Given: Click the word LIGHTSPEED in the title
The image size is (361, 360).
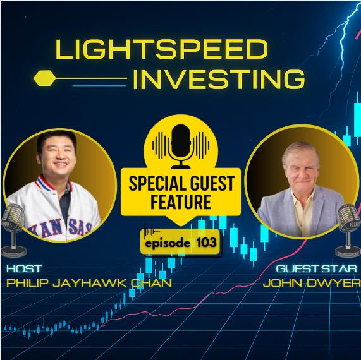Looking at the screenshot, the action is [x=162, y=49].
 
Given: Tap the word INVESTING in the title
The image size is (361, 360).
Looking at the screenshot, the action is [x=219, y=80].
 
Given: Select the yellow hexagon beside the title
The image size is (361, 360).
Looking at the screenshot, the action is [x=45, y=78].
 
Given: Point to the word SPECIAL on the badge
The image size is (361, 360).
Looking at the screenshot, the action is [x=155, y=183].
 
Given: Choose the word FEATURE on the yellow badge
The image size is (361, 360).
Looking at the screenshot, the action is [x=181, y=201].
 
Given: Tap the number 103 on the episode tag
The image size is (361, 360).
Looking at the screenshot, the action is [x=206, y=243].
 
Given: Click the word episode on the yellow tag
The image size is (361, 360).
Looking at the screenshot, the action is [x=168, y=243].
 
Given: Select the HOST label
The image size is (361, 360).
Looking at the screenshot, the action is [x=24, y=268].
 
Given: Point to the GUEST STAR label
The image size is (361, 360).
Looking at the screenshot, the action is [x=316, y=268].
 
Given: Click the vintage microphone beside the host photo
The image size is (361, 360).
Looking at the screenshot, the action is [x=13, y=231].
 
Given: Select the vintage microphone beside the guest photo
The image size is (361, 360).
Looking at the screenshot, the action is [x=348, y=231].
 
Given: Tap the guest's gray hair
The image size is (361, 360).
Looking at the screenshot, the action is [x=300, y=152].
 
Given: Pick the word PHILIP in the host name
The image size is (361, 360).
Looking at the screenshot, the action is [x=28, y=283].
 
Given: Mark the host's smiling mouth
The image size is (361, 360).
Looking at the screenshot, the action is [x=61, y=164].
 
